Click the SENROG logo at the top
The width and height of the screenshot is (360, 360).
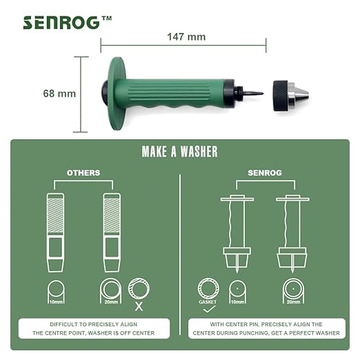coord(68,23)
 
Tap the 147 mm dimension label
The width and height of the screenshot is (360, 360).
coord(186,37)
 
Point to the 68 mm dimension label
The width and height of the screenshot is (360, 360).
coord(59,94)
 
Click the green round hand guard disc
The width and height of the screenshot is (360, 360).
coord(118,94)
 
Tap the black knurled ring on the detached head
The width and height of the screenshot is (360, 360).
coord(281,96)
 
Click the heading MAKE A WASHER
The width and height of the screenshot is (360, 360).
coord(179,152)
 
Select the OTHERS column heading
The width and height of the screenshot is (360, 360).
coord(83,173)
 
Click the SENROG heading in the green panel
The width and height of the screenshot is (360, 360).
coord(265,173)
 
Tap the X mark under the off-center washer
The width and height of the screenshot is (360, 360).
coord(139,306)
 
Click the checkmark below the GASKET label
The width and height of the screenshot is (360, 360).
coord(210,309)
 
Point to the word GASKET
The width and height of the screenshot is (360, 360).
coord(208,302)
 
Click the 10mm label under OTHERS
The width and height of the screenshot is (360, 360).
coord(56,302)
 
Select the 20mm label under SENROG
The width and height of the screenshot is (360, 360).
coord(293,302)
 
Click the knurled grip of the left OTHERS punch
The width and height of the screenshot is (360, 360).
coord(55,215)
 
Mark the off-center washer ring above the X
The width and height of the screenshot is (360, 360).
coord(139,289)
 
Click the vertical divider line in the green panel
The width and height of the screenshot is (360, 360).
coord(180,254)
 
